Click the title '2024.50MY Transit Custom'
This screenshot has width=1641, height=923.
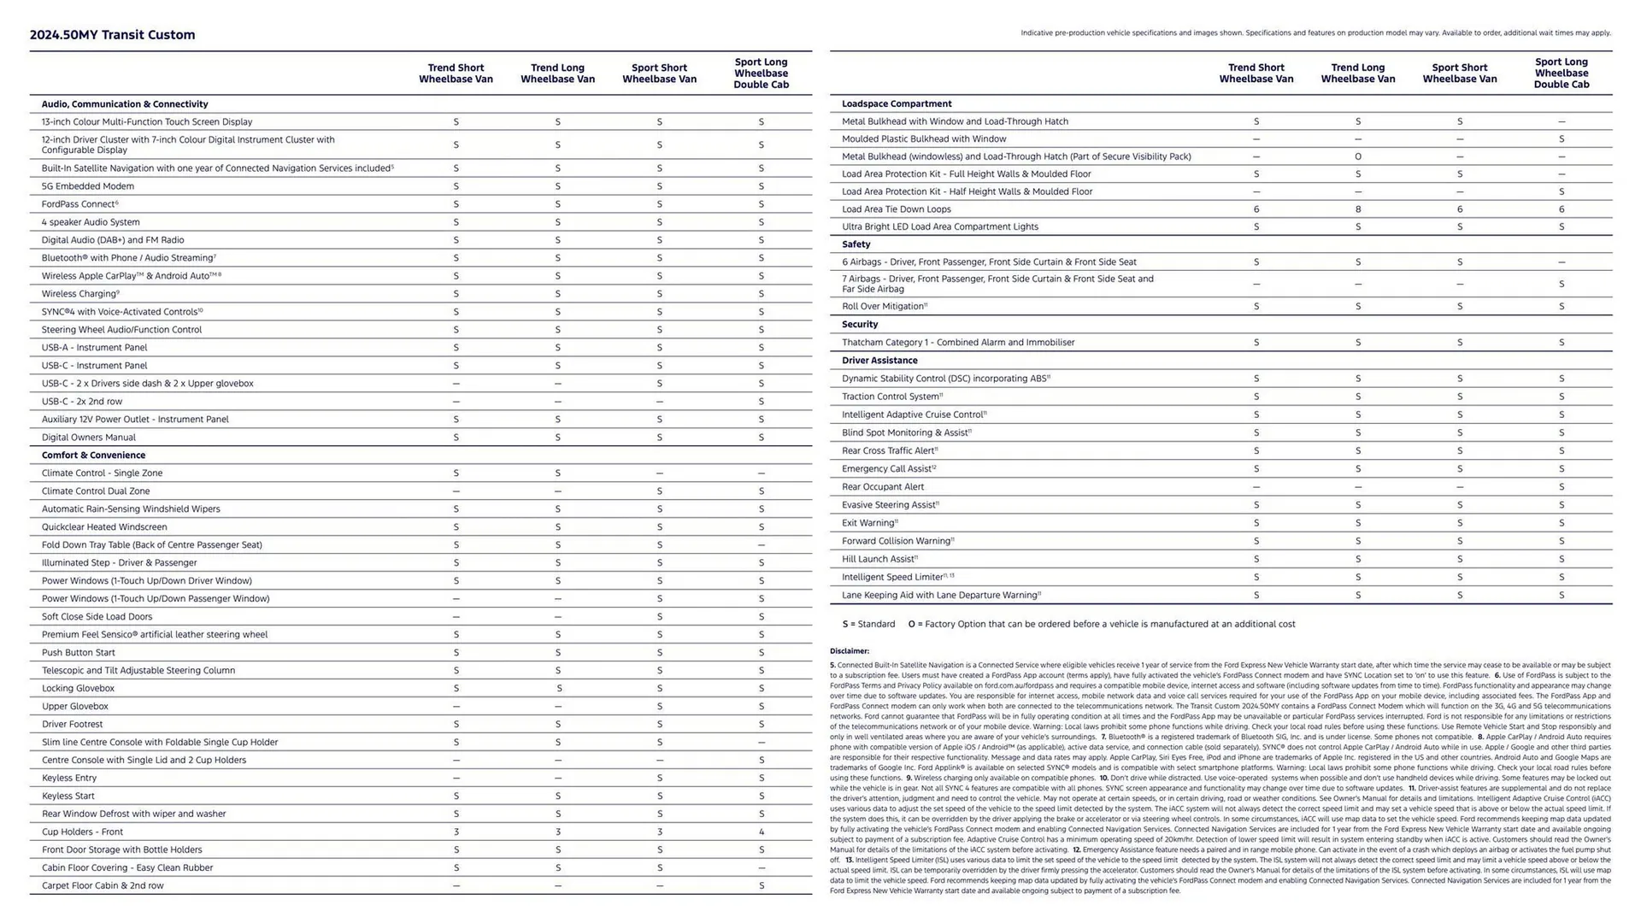(112, 35)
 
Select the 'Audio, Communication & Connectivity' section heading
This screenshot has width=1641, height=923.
(125, 104)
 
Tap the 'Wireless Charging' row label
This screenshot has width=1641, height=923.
(79, 294)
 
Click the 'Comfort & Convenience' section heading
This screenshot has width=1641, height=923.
(93, 456)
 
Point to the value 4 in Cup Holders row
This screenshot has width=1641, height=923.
(761, 832)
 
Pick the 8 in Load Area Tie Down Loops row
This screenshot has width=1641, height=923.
(1357, 209)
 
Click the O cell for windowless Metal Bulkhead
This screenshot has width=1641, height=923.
(1357, 157)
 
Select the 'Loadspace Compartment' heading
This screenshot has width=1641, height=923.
(897, 104)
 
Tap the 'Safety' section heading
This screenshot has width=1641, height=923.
(856, 244)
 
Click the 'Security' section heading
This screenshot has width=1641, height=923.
(859, 325)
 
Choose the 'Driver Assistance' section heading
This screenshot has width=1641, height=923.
(879, 361)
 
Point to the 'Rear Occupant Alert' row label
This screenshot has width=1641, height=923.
(882, 487)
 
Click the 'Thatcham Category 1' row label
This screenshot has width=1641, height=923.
(957, 343)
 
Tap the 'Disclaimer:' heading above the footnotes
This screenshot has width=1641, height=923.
(849, 651)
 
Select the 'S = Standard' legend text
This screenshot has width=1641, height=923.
(868, 625)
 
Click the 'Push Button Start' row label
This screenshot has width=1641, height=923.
(78, 653)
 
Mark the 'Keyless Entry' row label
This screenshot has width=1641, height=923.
(69, 779)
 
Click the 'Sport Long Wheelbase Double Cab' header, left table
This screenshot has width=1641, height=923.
(761, 73)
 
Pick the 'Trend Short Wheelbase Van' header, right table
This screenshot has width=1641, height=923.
(1256, 73)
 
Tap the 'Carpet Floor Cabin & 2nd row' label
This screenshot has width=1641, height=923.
(103, 886)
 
